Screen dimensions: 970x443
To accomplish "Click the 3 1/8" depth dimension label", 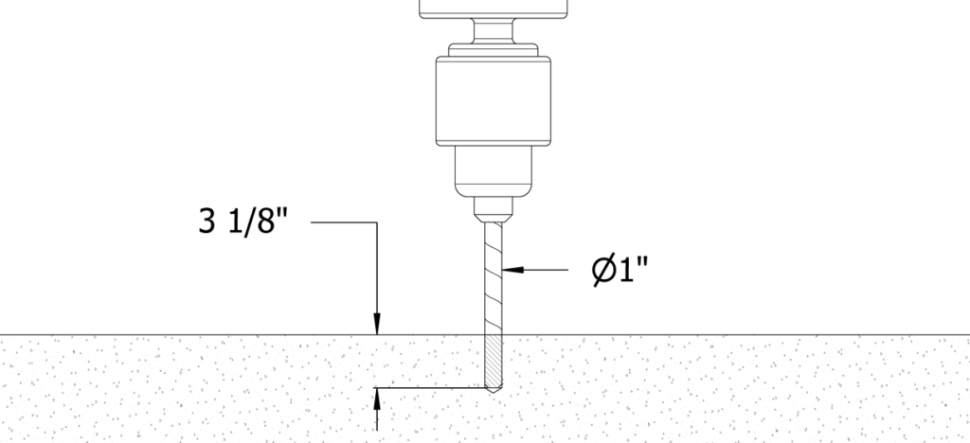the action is click(243, 221).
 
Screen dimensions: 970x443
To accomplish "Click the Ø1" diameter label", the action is click(620, 270).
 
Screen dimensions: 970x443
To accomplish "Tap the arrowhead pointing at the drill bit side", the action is click(512, 270).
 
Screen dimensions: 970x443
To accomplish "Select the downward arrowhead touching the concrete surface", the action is click(377, 324).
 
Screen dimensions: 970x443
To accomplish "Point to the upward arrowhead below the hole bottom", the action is click(377, 399).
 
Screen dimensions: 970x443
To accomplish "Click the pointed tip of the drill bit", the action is click(493, 393).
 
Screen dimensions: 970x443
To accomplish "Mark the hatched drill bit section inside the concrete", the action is click(493, 361).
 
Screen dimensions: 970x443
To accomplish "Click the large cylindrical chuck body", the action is click(493, 101).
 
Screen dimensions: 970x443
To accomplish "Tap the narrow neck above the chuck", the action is click(493, 31).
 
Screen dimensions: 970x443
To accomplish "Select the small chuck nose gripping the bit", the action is click(493, 209).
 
